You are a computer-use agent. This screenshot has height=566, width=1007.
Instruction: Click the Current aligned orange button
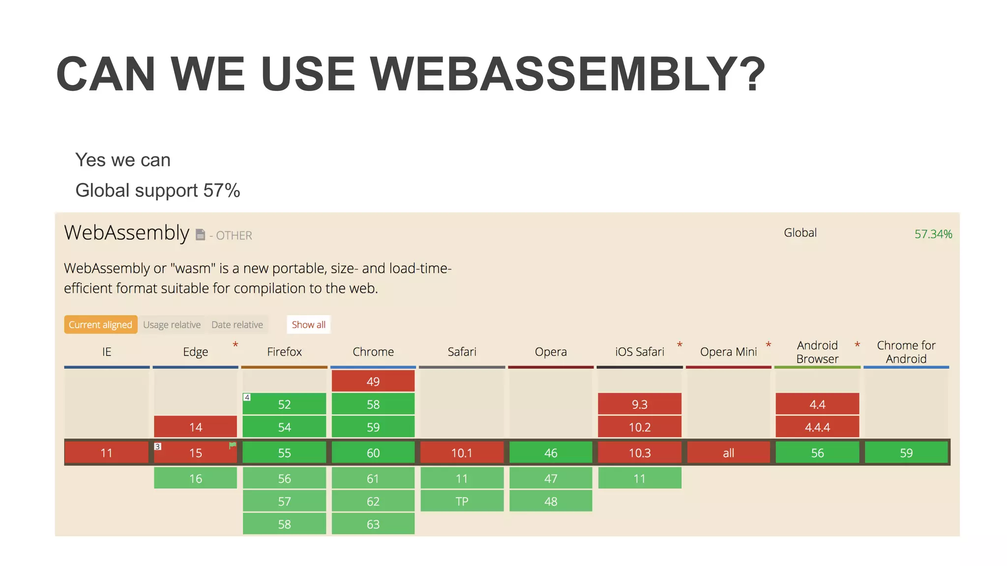pos(100,325)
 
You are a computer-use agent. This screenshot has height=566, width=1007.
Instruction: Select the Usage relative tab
pos(172,325)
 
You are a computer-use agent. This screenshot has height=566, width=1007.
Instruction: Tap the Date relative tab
pos(237,325)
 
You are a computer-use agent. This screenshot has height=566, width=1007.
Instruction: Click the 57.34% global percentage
pos(933,234)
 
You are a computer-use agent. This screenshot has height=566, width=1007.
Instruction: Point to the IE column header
pos(107,352)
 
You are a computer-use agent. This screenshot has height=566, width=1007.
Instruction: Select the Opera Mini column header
pos(728,352)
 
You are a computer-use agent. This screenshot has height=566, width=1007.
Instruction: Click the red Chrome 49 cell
pos(373,381)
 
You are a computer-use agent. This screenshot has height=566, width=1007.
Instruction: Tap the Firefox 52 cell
pos(284,404)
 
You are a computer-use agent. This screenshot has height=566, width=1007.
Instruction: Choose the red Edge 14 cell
pos(195,427)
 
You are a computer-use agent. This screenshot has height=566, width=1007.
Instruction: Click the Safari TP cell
pos(462,501)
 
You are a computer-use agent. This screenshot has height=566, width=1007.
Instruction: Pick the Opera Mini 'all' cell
pos(728,453)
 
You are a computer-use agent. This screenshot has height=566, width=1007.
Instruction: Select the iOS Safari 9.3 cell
pos(639,404)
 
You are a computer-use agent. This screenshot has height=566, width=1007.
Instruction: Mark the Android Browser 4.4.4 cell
pos(817,427)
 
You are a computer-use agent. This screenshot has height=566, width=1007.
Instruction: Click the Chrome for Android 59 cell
pos(906,453)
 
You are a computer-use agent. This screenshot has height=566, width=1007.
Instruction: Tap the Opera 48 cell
pos(551,501)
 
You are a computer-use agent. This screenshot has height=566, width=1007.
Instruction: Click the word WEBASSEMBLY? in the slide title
pos(568,74)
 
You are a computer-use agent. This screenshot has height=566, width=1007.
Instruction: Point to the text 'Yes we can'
pos(123,160)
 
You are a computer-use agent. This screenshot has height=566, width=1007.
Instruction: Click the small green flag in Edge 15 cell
pos(233,445)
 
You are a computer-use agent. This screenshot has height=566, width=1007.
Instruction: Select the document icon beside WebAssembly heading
pos(200,235)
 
